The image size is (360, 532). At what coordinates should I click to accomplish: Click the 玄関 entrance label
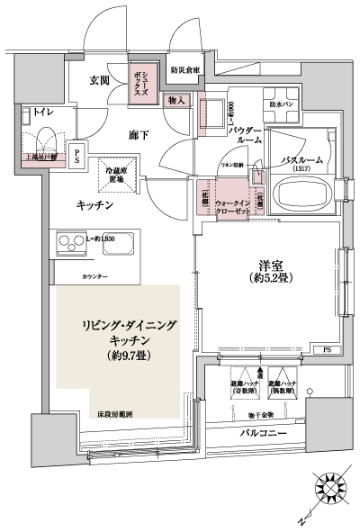coord(99,79)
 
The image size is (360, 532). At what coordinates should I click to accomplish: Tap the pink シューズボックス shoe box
coord(143,81)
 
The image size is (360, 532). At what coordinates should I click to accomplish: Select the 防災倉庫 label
coord(185,69)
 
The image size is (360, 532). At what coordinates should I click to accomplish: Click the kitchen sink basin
coord(118,243)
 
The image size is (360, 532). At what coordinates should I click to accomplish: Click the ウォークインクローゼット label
coord(233,208)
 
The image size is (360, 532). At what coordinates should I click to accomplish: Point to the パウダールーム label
coord(244,136)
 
